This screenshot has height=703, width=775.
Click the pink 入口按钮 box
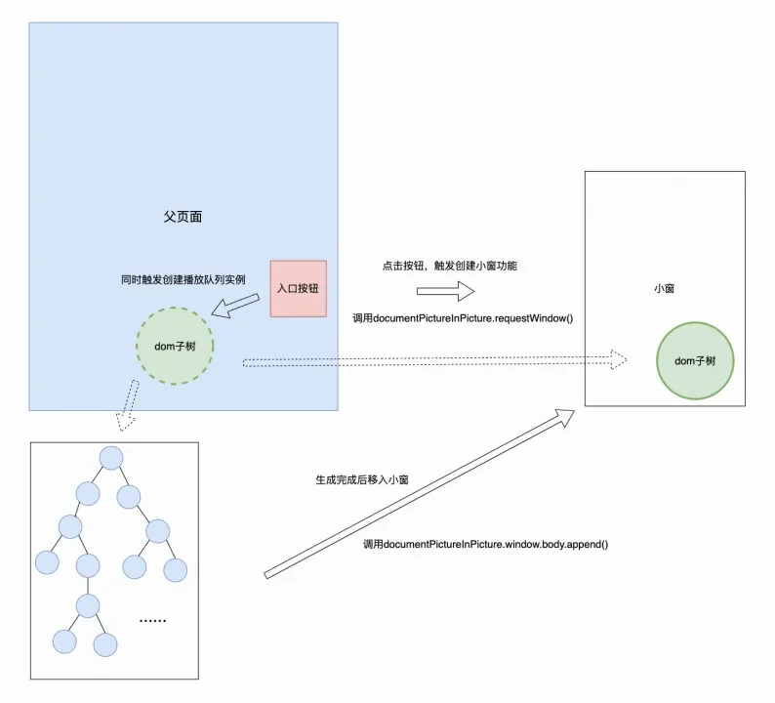(298, 288)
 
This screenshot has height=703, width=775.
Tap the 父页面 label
(183, 217)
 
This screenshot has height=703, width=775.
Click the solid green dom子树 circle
(695, 361)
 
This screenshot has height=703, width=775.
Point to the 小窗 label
(665, 288)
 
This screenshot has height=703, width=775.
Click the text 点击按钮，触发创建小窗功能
(450, 266)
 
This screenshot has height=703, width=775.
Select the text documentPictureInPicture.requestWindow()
(473, 318)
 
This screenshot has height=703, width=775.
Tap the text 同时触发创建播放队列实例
(184, 280)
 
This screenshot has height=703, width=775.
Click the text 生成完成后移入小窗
(362, 480)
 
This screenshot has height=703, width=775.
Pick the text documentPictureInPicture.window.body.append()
(496, 544)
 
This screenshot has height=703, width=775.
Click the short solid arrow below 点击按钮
(446, 291)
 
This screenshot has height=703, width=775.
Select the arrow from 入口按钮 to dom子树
(235, 306)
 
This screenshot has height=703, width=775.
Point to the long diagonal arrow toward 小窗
(420, 494)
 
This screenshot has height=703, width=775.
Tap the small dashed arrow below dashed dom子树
(128, 405)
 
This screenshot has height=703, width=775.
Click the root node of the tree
(111, 458)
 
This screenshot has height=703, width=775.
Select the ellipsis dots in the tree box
(152, 620)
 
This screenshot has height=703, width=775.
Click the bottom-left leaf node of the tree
(64, 641)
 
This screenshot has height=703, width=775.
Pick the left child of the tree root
(88, 493)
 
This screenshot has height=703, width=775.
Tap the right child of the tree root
(129, 497)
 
